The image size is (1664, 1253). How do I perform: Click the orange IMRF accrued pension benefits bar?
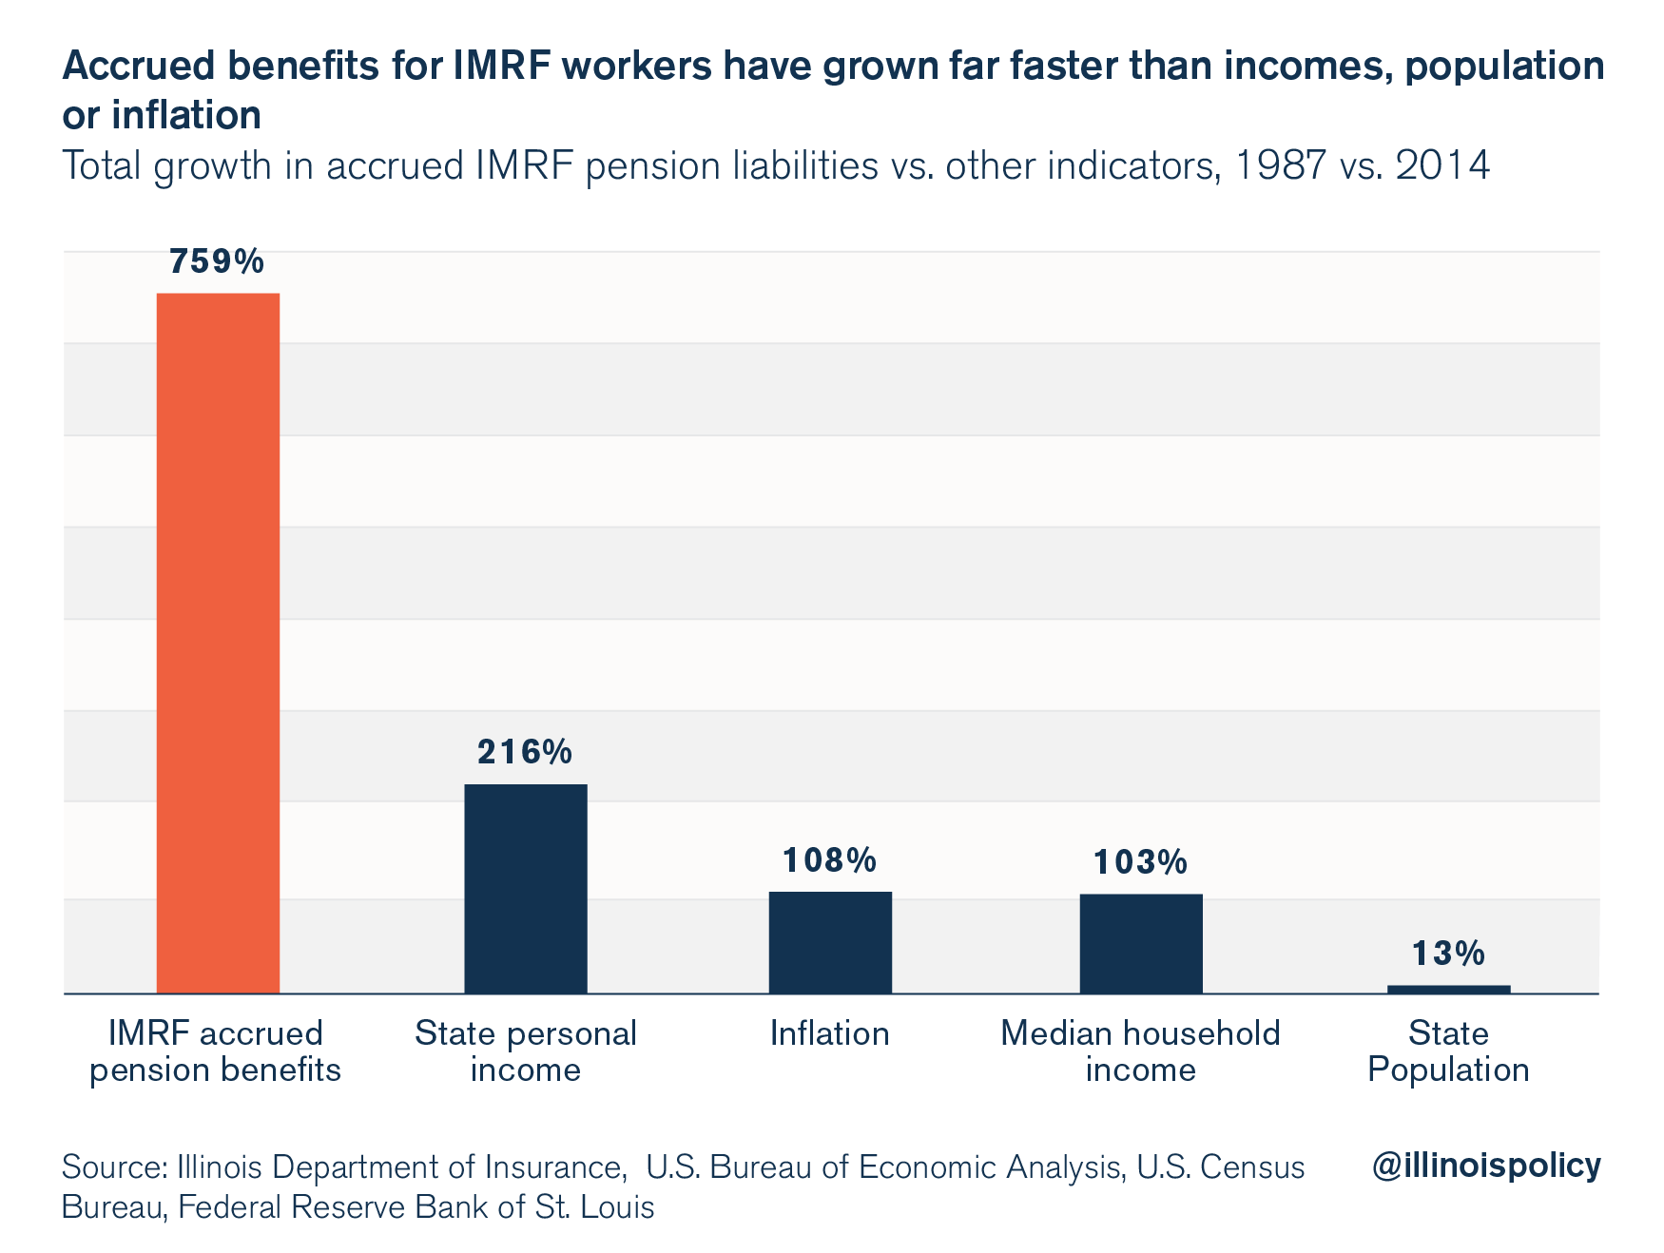(218, 643)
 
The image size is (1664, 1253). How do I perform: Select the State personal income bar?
(525, 888)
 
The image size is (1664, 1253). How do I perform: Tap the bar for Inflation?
(830, 942)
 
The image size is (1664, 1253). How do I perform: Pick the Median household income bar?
(1140, 943)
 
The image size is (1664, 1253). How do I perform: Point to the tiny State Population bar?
(1448, 989)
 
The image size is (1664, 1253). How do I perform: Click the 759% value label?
(217, 261)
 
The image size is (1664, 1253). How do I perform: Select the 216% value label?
(525, 752)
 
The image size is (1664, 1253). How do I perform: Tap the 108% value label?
(829, 860)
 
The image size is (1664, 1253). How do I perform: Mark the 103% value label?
(1140, 862)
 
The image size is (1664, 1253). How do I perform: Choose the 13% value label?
(1448, 953)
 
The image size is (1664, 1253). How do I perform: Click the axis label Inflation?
(829, 1033)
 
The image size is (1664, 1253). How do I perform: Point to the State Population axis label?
(1448, 1051)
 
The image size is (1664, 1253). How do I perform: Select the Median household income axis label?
(1140, 1051)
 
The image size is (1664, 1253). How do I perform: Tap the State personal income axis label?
(525, 1051)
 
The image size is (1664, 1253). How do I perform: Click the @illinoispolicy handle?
(1485, 1165)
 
